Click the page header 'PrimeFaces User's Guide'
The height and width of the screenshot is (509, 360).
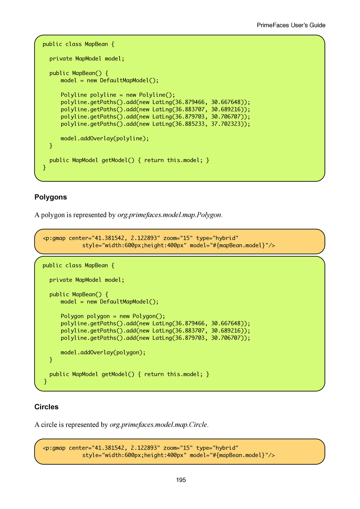tap(291, 25)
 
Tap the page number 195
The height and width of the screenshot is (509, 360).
tap(181, 480)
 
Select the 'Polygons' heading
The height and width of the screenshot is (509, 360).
tap(51, 197)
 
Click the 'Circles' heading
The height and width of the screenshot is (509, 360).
tap(46, 407)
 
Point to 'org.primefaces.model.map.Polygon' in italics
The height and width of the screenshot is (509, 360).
tap(169, 215)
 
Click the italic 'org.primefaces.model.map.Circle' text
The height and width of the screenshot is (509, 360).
tap(158, 425)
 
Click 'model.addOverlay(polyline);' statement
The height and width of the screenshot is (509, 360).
tap(105, 138)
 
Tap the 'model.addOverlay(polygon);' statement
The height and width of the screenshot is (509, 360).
tap(103, 353)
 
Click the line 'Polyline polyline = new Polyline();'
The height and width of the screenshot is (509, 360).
tap(118, 95)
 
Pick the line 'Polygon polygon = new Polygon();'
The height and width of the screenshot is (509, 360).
tap(113, 316)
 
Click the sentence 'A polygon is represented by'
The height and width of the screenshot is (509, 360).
tap(75, 215)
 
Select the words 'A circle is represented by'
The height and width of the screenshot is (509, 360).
tap(71, 425)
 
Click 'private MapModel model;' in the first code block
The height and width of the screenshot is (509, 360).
tap(87, 59)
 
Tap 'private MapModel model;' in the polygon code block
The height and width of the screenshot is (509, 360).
tap(87, 280)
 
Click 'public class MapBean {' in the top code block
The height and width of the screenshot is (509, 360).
tap(78, 44)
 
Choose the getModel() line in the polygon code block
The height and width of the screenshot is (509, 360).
tap(129, 374)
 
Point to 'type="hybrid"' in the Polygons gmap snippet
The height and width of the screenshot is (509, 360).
tap(217, 238)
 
